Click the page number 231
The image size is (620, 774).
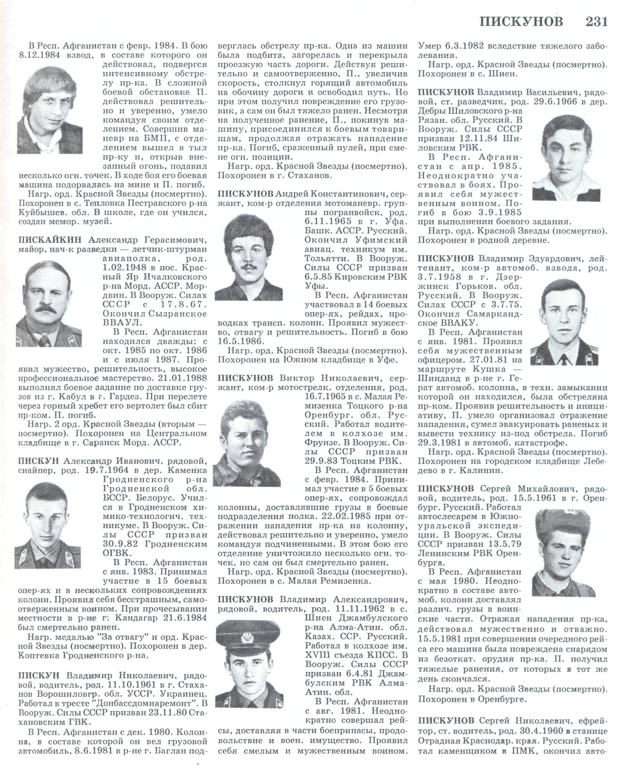[x=596, y=22]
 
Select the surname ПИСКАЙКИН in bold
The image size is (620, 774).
[x=50, y=240]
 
